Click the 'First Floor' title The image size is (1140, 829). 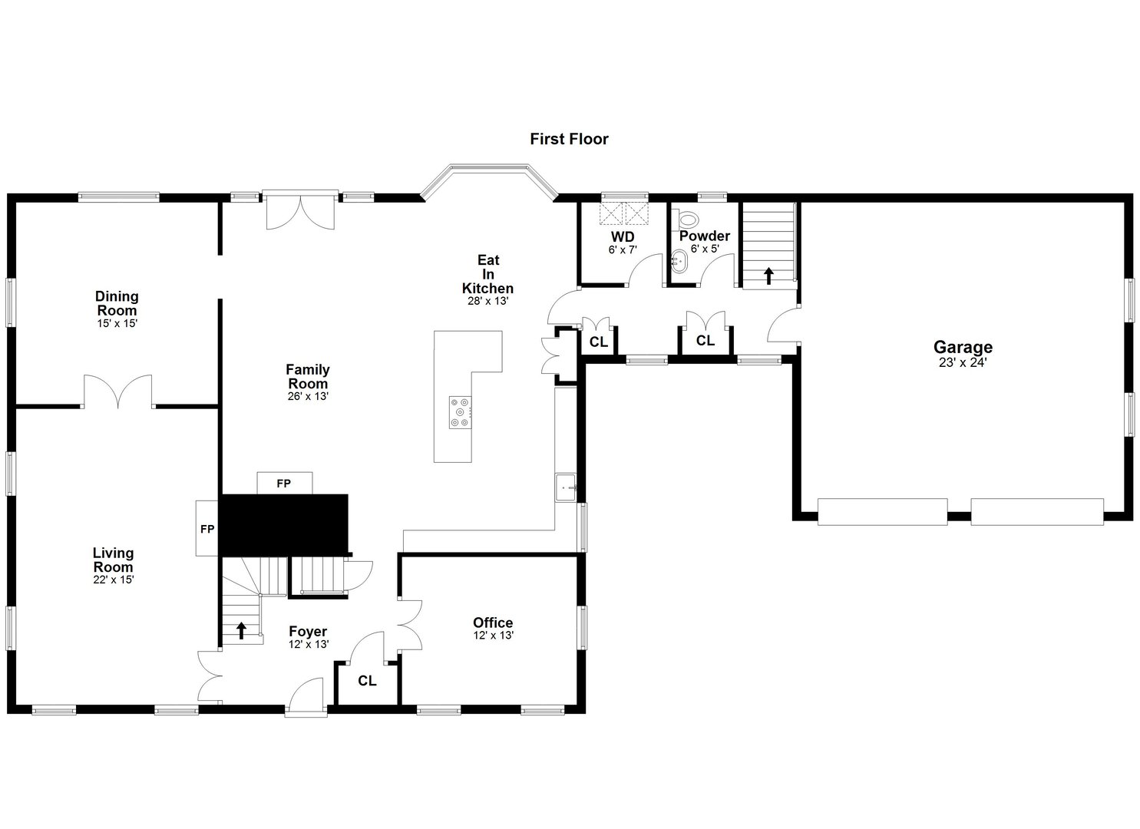[x=569, y=139]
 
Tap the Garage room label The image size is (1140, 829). [x=963, y=348]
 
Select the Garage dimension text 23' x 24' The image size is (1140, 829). [x=963, y=362]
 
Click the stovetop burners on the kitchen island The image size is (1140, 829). [x=461, y=411]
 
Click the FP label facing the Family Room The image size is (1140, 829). [x=284, y=484]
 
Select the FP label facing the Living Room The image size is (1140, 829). [x=207, y=529]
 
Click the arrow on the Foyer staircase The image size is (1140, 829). [x=241, y=630]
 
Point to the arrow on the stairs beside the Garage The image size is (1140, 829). [x=768, y=275]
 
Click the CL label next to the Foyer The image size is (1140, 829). [x=368, y=681]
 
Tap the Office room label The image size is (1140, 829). [x=493, y=623]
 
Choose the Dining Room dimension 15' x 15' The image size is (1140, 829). [x=117, y=324]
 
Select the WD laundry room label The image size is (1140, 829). [x=623, y=236]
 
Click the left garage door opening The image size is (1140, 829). [x=882, y=512]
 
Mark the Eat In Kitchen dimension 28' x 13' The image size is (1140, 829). [x=488, y=301]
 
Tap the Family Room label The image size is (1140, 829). [x=308, y=377]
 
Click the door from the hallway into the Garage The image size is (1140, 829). [x=783, y=326]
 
